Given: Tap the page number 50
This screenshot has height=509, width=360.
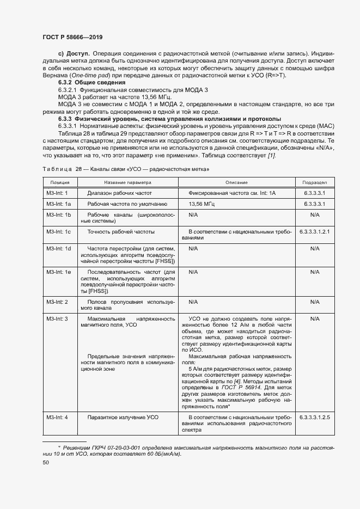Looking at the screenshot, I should [45, 463].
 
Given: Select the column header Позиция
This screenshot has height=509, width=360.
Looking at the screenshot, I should [59, 183].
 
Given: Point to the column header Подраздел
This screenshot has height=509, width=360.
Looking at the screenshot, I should [314, 183].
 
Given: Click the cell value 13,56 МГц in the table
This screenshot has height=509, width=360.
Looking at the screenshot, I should [202, 204].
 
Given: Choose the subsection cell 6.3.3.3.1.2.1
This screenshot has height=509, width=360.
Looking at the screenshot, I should [315, 232].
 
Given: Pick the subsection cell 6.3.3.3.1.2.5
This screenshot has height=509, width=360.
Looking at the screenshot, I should [315, 418].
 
